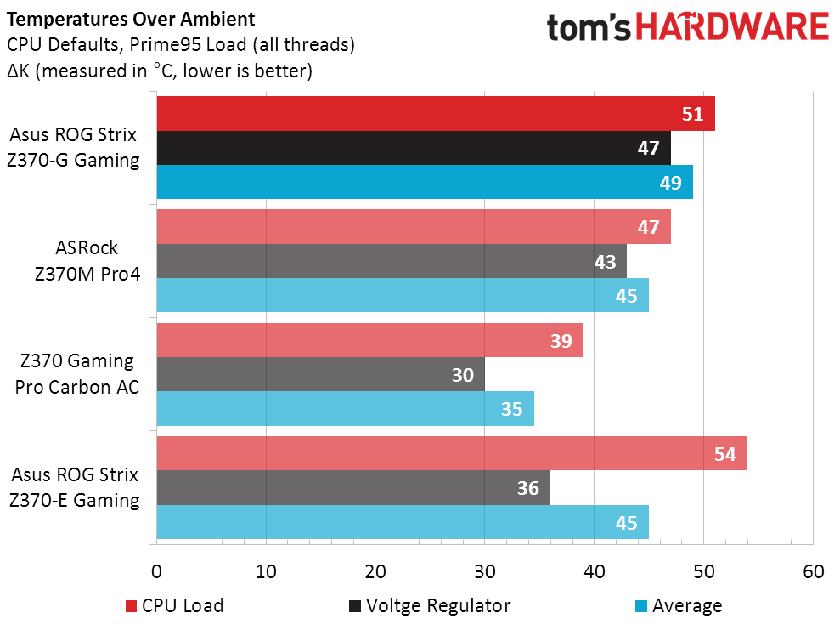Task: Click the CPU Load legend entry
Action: pyautogui.click(x=174, y=606)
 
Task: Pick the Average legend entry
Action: pyautogui.click(x=679, y=606)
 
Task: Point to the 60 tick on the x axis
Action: pyautogui.click(x=813, y=571)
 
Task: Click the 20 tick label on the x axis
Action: pyautogui.click(x=375, y=571)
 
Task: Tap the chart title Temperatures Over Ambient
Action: pyautogui.click(x=129, y=17)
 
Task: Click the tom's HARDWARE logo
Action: pyautogui.click(x=687, y=27)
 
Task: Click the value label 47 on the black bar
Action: pyautogui.click(x=648, y=148)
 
